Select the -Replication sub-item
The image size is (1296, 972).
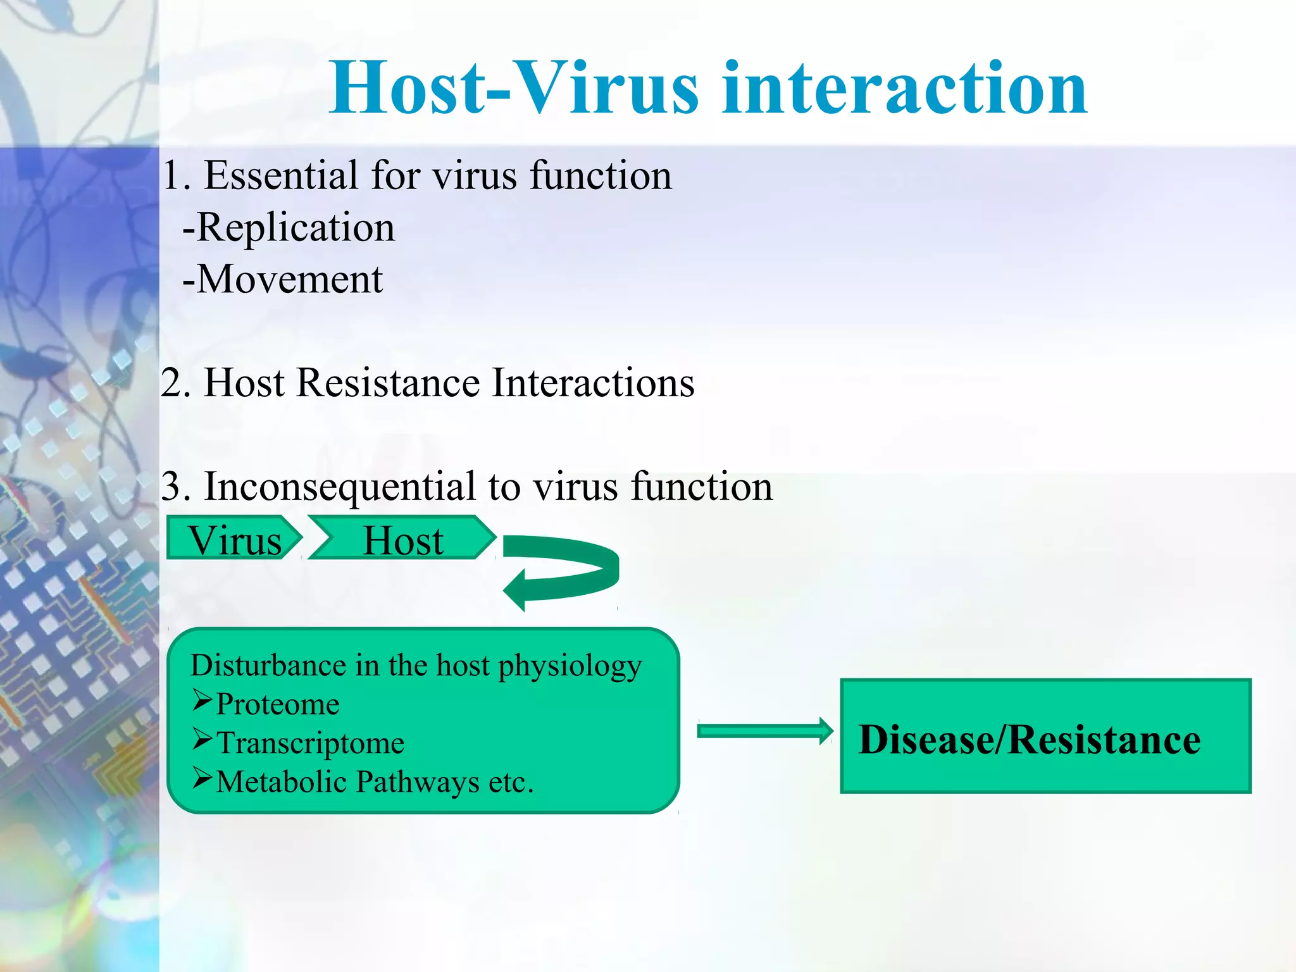(x=289, y=228)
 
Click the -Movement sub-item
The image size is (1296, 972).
(x=282, y=280)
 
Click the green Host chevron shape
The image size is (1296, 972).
(x=402, y=539)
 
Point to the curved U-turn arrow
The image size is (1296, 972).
(x=570, y=570)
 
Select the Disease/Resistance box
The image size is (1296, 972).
(x=1045, y=736)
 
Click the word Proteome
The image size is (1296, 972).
(x=278, y=704)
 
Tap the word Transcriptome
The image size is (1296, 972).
(x=310, y=743)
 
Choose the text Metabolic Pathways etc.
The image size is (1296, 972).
(x=375, y=782)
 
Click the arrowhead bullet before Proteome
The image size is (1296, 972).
(x=202, y=700)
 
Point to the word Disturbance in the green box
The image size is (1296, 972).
(x=268, y=666)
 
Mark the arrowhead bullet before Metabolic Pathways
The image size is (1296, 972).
(x=202, y=778)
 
